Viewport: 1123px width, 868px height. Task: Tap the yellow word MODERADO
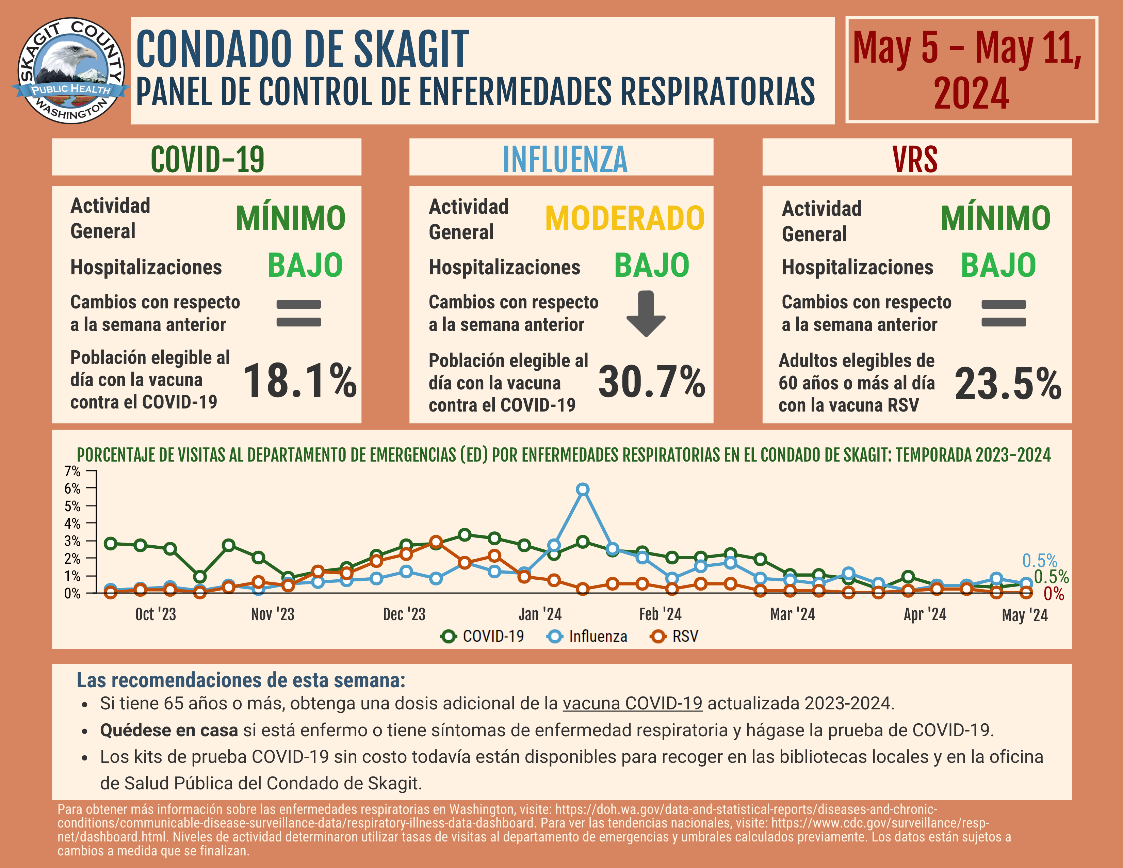(x=624, y=219)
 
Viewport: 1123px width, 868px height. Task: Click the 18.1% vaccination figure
(x=300, y=381)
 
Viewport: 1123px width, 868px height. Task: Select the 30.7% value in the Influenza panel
(x=651, y=382)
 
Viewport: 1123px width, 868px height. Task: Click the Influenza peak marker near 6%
(x=583, y=489)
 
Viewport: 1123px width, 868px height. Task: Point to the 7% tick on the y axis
(x=72, y=471)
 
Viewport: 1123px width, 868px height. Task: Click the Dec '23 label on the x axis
(x=404, y=614)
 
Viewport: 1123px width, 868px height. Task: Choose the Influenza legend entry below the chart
(x=587, y=637)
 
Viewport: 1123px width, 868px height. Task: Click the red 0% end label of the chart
(x=1054, y=594)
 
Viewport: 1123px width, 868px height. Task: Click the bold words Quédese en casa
(x=169, y=730)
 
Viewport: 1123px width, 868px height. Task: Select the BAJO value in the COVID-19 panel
(x=305, y=266)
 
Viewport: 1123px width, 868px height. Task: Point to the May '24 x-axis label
(x=1024, y=615)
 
